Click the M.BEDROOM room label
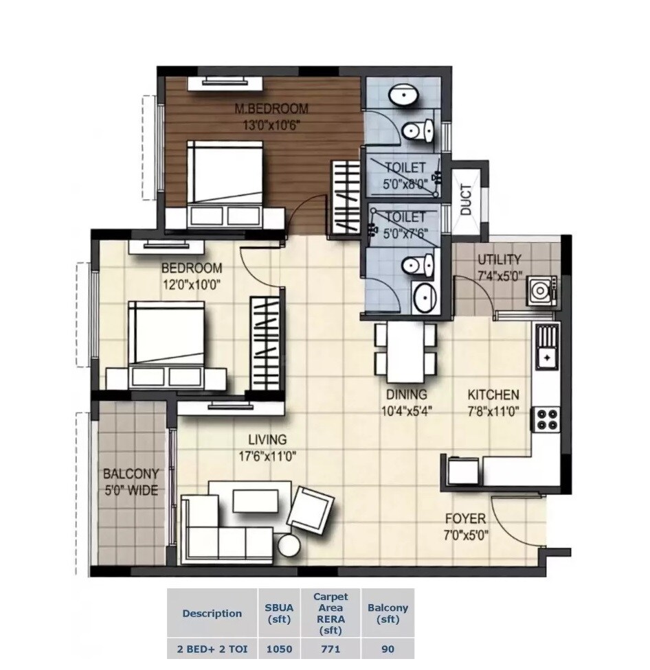[x=271, y=108]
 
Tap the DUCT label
[x=467, y=200]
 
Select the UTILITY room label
[x=500, y=259]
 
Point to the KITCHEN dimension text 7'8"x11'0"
[x=493, y=412]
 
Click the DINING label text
[x=406, y=395]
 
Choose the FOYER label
[x=465, y=519]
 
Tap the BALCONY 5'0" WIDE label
[x=131, y=482]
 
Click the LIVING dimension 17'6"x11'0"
[x=267, y=456]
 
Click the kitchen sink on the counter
[x=548, y=346]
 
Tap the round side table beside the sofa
[x=289, y=545]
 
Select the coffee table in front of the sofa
[x=256, y=500]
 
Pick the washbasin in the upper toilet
[x=401, y=97]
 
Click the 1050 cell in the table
[x=279, y=649]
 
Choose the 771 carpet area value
[x=330, y=649]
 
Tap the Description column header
[x=212, y=613]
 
